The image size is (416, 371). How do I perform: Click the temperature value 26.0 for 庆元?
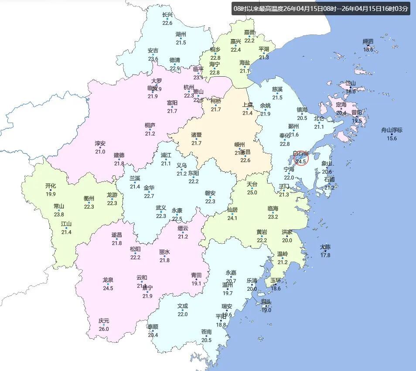pos(104,329)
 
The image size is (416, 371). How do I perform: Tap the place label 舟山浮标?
pos(392,130)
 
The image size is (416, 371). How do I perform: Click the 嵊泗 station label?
pos(368,41)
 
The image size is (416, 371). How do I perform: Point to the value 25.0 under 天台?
pos(252,193)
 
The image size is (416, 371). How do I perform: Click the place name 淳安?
pos(100,143)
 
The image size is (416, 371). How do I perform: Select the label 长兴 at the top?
pos(167,15)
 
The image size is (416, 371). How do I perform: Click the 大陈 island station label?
pos(325,247)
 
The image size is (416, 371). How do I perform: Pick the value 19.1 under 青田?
pos(197,283)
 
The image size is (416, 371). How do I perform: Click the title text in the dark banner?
pos(321,8)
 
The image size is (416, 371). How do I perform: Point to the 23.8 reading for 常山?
pos(59,214)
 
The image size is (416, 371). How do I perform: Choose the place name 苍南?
pos(207,332)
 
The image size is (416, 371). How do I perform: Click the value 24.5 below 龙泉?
pos(108,288)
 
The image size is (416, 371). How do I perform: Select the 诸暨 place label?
pos(197,135)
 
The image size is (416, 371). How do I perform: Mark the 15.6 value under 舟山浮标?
pos(392,138)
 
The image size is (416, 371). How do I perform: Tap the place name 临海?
pos(273,208)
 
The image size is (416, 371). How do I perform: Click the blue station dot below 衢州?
pos(89,203)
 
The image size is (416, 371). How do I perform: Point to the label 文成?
pos(182,306)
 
